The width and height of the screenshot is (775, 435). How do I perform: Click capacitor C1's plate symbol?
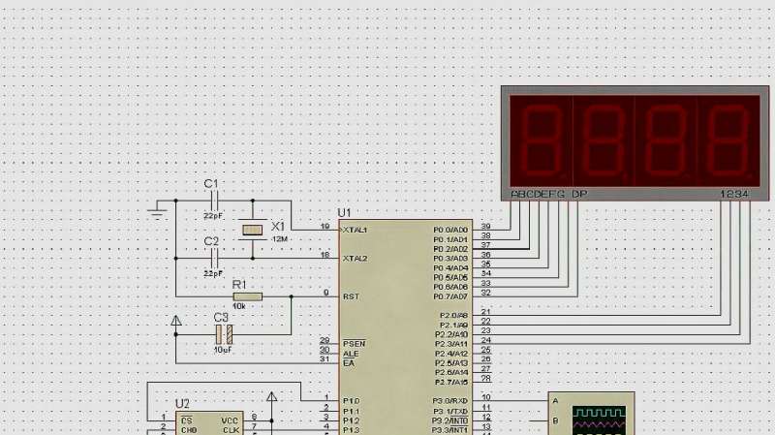click(x=214, y=202)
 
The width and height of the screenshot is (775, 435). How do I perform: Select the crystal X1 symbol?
click(x=253, y=230)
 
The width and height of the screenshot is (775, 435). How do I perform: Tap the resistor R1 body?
click(x=247, y=295)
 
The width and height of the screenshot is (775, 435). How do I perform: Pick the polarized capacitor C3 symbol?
click(x=224, y=334)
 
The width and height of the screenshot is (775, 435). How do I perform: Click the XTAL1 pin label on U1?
click(x=355, y=230)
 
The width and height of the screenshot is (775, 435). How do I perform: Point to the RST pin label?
click(x=350, y=296)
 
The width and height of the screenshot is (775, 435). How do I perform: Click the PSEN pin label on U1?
click(x=354, y=343)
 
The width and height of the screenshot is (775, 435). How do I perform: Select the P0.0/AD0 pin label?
click(x=450, y=230)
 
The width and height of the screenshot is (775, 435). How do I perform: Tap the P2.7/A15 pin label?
click(x=450, y=382)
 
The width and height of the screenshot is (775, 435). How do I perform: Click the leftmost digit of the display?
click(x=541, y=138)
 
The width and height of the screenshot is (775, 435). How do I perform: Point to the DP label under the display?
click(x=579, y=195)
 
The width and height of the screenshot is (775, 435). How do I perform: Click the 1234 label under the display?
click(x=733, y=195)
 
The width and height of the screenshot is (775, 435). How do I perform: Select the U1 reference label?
click(x=344, y=212)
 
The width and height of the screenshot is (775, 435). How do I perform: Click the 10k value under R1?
click(x=238, y=306)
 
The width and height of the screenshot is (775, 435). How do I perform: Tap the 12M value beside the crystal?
click(x=280, y=238)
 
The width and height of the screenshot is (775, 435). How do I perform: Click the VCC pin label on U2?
click(x=230, y=420)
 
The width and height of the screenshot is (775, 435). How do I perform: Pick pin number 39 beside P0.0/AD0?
click(x=485, y=226)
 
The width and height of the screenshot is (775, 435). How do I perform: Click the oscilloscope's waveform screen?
click(x=597, y=419)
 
